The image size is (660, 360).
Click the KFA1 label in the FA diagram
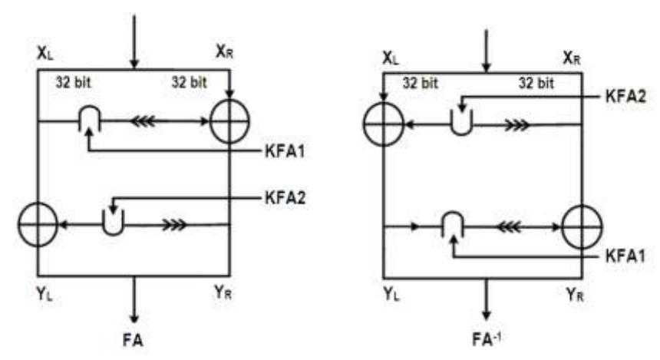(285, 151)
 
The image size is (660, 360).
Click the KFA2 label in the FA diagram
(285, 197)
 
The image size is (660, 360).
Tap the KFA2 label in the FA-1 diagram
(625, 97)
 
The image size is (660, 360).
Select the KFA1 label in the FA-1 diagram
(625, 256)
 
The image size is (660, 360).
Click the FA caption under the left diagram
(133, 340)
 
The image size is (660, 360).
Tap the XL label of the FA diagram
(45, 54)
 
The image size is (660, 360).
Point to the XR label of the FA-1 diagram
(572, 58)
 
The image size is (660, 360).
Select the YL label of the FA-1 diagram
(391, 294)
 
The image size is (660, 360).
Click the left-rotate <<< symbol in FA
(143, 121)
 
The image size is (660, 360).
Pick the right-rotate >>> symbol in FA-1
(517, 125)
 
